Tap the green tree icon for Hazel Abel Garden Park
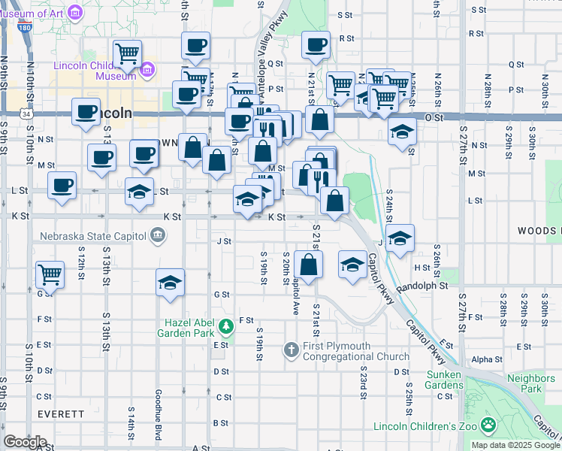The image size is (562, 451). [226, 328]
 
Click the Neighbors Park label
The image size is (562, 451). [524, 384]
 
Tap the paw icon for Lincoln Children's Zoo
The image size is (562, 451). [489, 425]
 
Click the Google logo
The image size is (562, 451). [25, 442]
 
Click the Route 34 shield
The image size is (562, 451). [26, 114]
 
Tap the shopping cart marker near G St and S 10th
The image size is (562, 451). [50, 274]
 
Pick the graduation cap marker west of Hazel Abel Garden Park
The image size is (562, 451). [171, 283]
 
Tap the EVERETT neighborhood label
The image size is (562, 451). [59, 414]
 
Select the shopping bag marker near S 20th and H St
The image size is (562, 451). [308, 264]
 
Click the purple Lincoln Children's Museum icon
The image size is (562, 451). [147, 71]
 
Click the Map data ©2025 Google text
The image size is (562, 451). [515, 445]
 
